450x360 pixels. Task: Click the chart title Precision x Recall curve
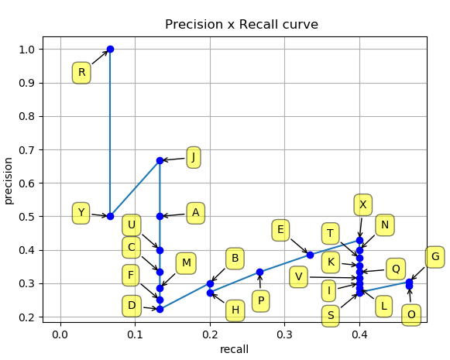tap(242, 25)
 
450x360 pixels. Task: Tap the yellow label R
tap(81, 73)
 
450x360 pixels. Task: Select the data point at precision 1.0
tap(110, 49)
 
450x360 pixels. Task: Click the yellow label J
tap(193, 156)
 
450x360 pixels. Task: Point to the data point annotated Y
tap(110, 216)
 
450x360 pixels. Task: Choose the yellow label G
tap(435, 257)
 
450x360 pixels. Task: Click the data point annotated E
tap(310, 255)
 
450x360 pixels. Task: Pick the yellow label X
tap(362, 204)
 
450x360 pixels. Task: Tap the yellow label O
tap(411, 314)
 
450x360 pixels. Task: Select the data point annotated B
tap(210, 283)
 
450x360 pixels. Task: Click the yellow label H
tap(235, 310)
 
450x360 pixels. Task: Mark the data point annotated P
tap(259, 272)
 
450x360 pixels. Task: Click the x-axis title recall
tap(234, 349)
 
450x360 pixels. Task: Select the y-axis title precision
tap(9, 180)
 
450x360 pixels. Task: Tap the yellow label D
tap(132, 306)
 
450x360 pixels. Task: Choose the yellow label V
tap(298, 276)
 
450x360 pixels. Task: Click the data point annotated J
tap(160, 160)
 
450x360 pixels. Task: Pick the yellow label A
tap(195, 212)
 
